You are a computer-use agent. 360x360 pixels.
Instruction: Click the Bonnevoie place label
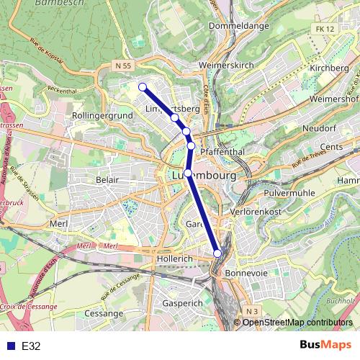(246, 274)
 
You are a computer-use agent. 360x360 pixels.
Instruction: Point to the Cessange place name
(104, 314)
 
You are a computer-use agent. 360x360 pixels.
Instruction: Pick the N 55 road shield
(123, 65)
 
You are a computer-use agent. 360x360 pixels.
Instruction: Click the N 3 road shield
(250, 311)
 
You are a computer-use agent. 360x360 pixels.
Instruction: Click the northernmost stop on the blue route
(143, 87)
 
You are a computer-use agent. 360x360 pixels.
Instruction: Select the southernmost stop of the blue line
(217, 252)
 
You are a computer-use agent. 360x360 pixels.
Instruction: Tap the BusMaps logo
(325, 346)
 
